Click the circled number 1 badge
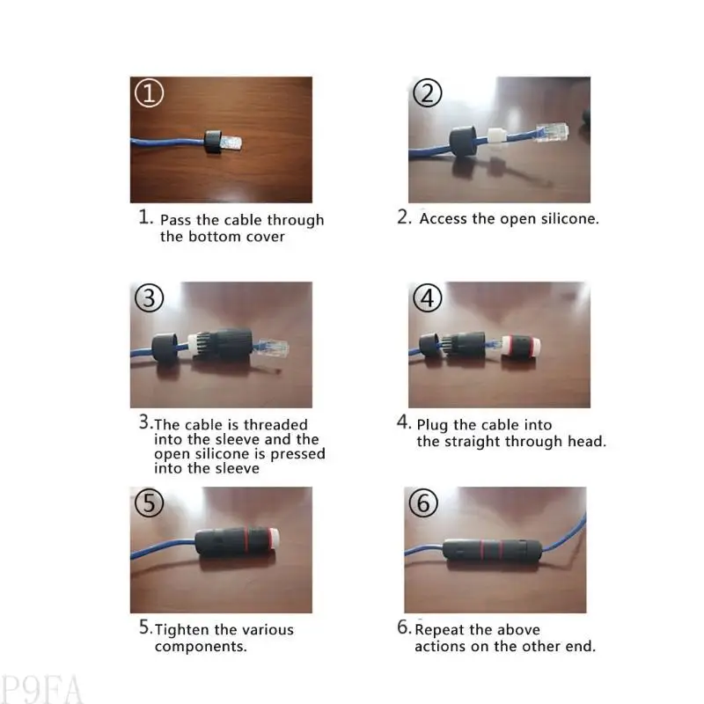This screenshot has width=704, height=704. point(149,93)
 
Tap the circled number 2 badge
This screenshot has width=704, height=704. point(427,93)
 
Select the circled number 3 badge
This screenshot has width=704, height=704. point(150,299)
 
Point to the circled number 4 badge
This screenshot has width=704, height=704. point(428,299)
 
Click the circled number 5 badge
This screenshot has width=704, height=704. point(150,503)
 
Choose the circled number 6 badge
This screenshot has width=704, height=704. point(424,503)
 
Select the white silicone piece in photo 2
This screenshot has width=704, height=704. point(494,137)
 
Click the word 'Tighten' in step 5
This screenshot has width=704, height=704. point(183,629)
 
